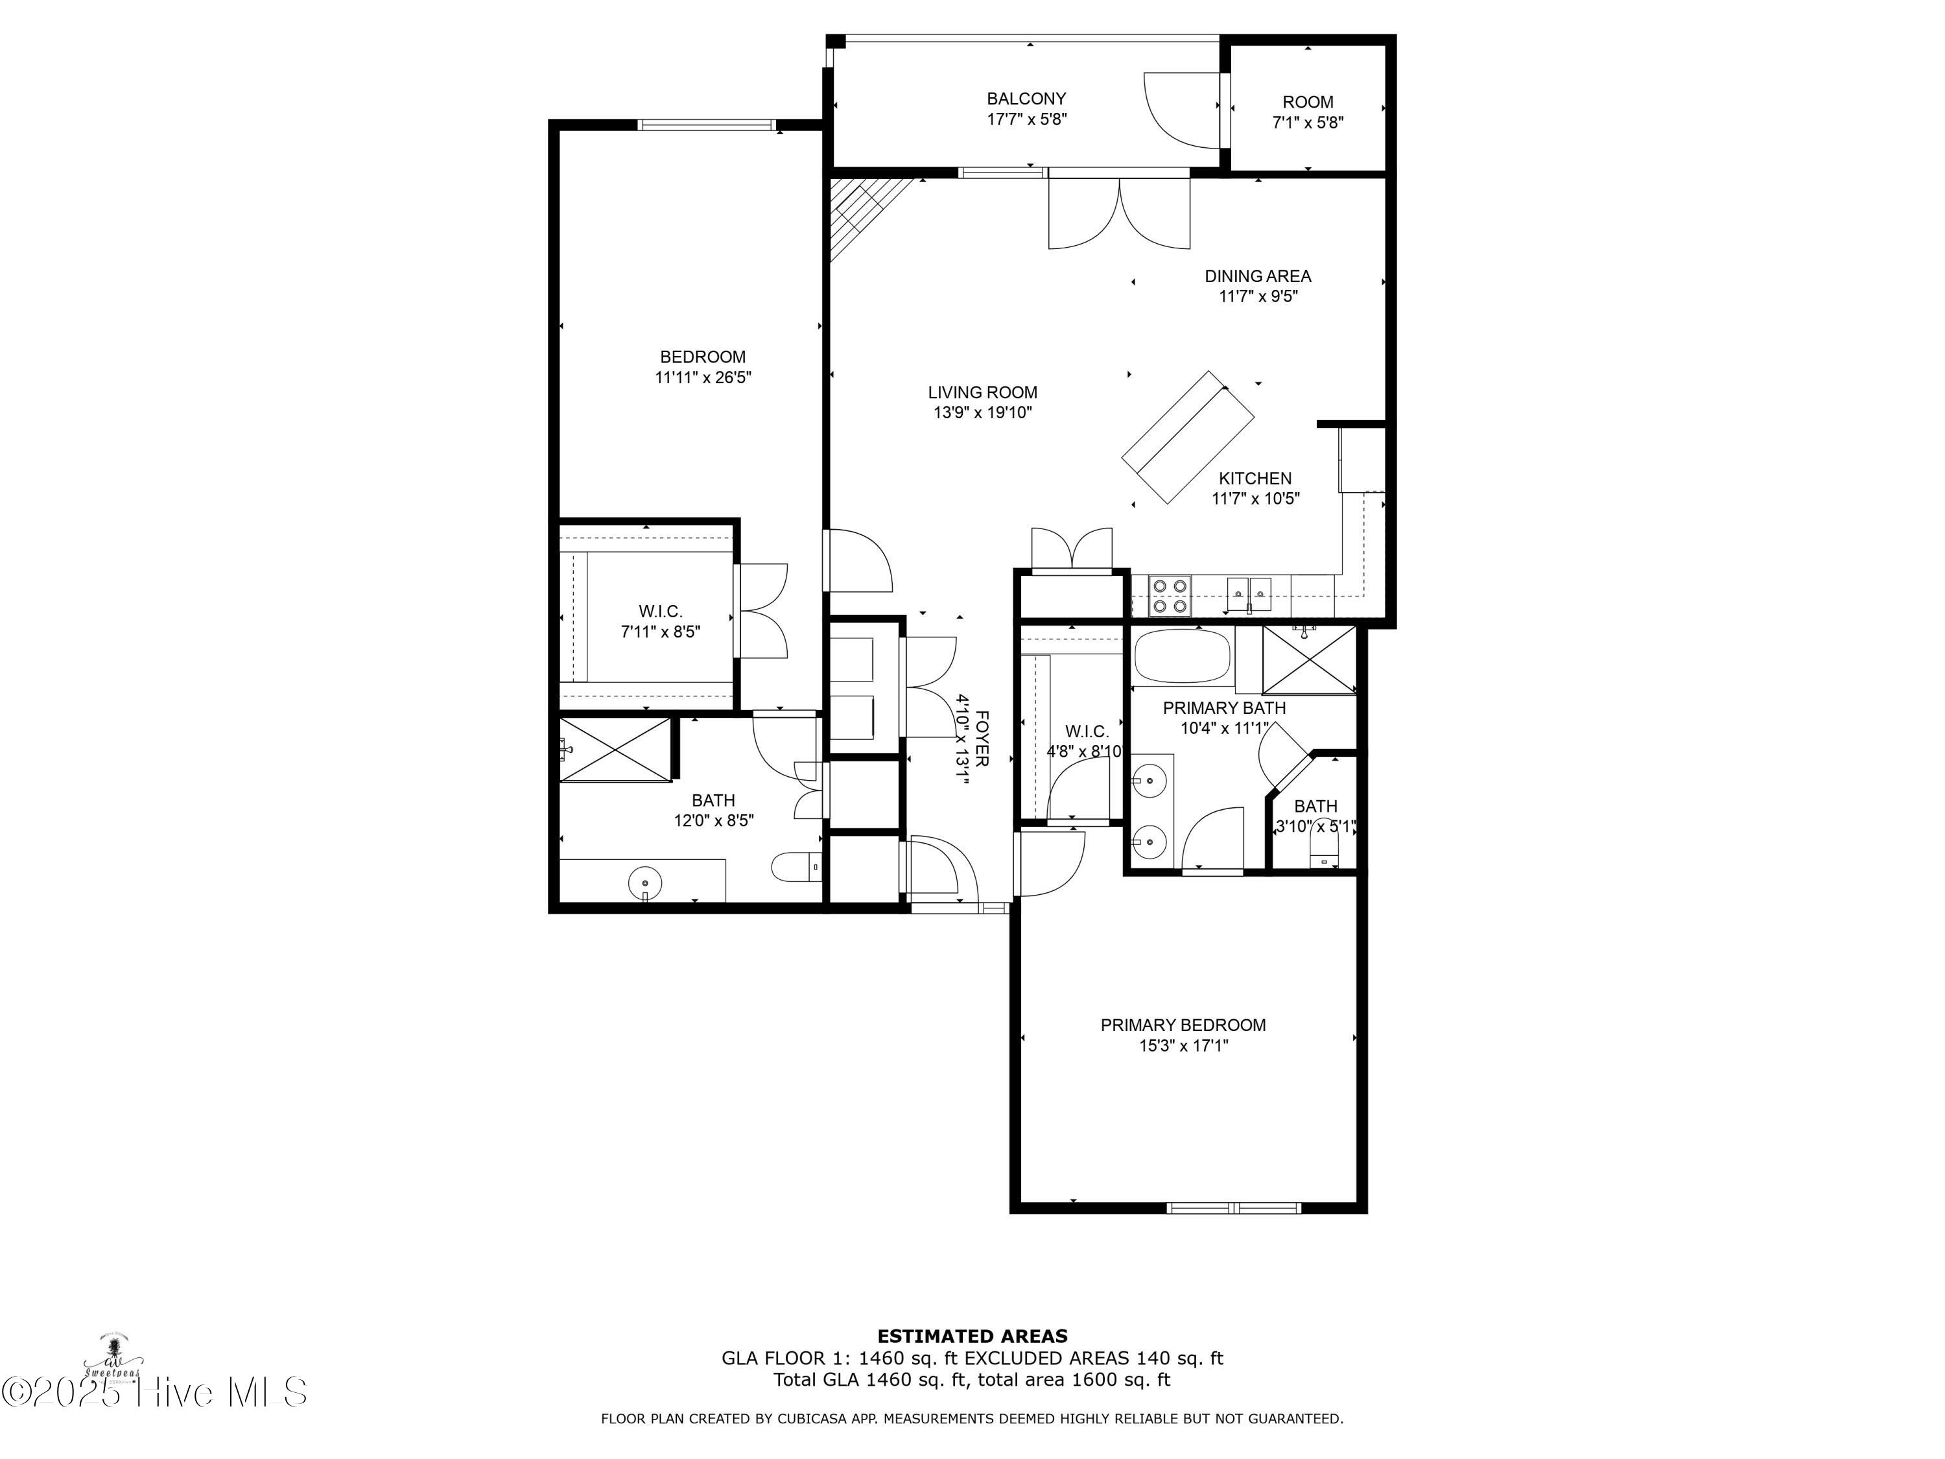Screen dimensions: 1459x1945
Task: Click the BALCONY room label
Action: tap(1026, 99)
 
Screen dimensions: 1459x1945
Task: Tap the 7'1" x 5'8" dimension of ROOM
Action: tap(1308, 123)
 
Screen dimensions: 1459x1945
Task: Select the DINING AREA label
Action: tap(1257, 276)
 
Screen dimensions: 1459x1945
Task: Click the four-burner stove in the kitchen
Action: tap(1170, 595)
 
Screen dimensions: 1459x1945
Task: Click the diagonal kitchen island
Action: tap(1188, 437)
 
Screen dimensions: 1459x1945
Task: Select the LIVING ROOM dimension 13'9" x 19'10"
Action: tap(982, 412)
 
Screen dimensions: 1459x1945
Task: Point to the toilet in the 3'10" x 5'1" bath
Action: tap(1323, 849)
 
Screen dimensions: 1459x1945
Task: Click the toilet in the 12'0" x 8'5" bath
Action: tap(795, 867)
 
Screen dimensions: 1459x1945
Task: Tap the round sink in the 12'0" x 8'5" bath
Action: tap(645, 881)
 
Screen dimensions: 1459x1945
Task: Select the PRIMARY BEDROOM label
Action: tap(1183, 1025)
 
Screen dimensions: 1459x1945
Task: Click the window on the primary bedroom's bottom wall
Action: tap(1234, 1207)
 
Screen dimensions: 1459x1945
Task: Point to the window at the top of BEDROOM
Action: tap(709, 125)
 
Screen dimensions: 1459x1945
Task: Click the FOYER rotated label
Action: tap(982, 739)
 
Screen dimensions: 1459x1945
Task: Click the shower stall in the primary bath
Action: tap(1309, 659)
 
